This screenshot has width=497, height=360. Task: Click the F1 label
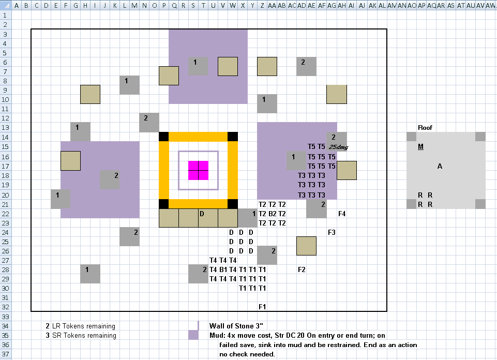262,307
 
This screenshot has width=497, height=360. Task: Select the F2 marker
302,269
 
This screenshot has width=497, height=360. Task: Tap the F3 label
332,232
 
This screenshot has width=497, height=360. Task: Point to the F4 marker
342,214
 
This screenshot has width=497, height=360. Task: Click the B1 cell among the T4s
223,269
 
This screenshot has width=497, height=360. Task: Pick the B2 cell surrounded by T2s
272,214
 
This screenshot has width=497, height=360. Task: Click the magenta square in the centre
199,171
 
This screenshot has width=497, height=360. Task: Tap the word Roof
425,128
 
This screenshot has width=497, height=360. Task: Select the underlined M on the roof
420,147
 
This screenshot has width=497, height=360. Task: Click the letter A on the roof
440,166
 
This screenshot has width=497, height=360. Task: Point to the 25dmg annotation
339,147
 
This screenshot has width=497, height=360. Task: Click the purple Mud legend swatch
193,335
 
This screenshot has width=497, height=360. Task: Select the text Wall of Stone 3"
236,326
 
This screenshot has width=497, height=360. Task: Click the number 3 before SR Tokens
48,335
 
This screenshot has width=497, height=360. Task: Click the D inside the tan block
202,214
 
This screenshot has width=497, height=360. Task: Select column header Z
262,5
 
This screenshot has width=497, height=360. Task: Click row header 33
5,317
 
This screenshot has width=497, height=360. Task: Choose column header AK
372,5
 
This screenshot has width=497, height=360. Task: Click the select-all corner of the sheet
6,5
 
